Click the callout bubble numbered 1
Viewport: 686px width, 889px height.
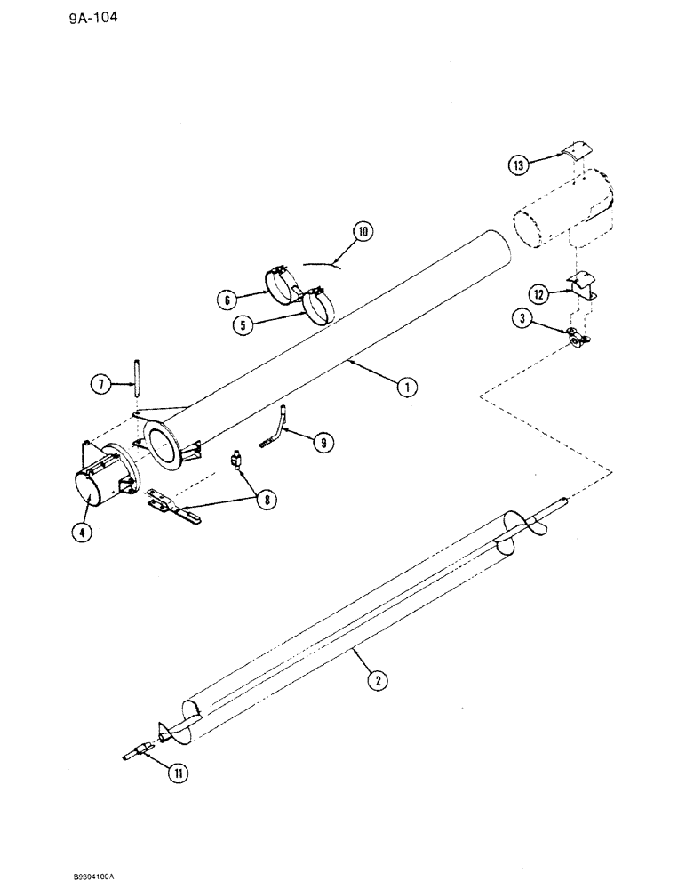click(x=409, y=387)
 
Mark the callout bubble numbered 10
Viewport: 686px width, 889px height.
click(x=363, y=234)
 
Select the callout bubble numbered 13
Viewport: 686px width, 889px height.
click(x=520, y=164)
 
